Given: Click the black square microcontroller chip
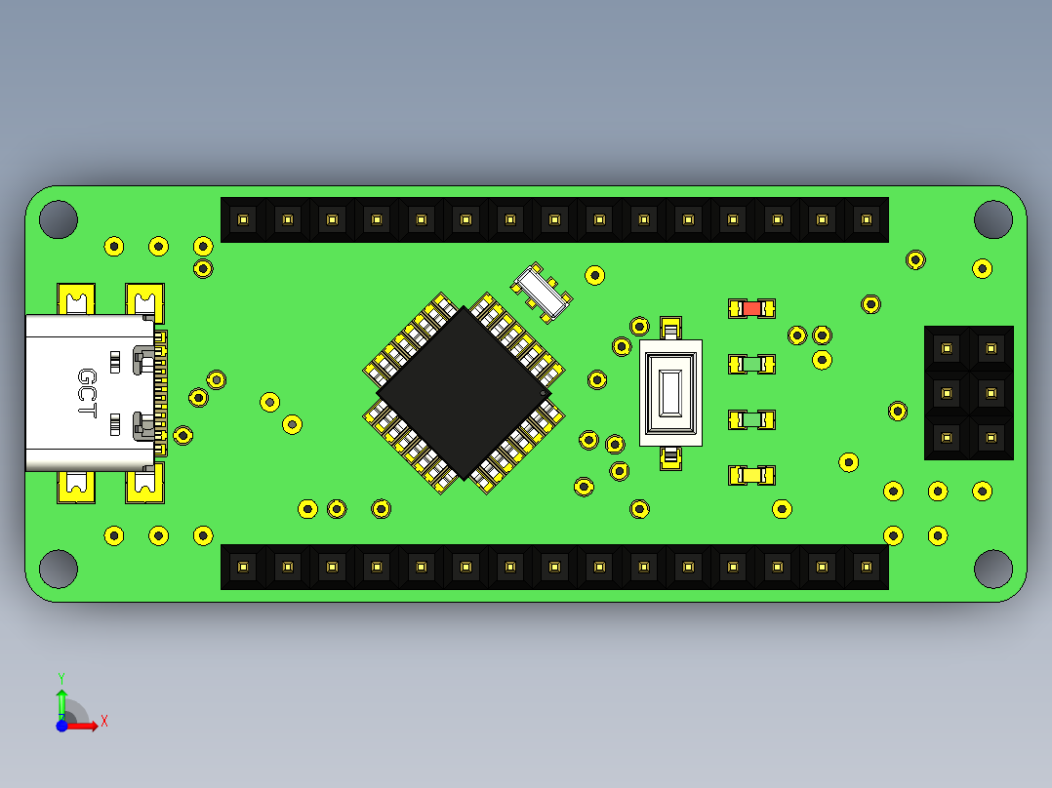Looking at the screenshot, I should (x=463, y=393).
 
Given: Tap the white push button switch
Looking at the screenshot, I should (x=670, y=393).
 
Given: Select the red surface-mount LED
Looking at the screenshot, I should (x=751, y=308).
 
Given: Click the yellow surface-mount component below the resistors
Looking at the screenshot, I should (x=751, y=476).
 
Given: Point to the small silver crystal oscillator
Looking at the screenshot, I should (x=542, y=291).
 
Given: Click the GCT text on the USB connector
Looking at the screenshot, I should (x=87, y=393).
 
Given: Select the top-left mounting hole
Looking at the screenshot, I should (x=58, y=219).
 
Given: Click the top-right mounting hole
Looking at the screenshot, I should (x=992, y=219).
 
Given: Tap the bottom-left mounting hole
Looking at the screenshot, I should (x=58, y=569).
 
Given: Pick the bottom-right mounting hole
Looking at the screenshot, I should (x=992, y=569).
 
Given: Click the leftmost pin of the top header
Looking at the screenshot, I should (x=243, y=219).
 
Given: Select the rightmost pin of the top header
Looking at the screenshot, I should (x=866, y=219).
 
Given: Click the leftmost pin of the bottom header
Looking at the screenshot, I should (x=243, y=567).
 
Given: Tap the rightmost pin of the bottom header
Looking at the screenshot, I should (x=866, y=567).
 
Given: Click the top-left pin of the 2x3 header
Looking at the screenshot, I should (x=946, y=347).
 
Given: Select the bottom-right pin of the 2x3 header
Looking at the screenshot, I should (x=991, y=438).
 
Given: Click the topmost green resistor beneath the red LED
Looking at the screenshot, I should (x=751, y=364).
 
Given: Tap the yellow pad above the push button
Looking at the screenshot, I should (x=670, y=328).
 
